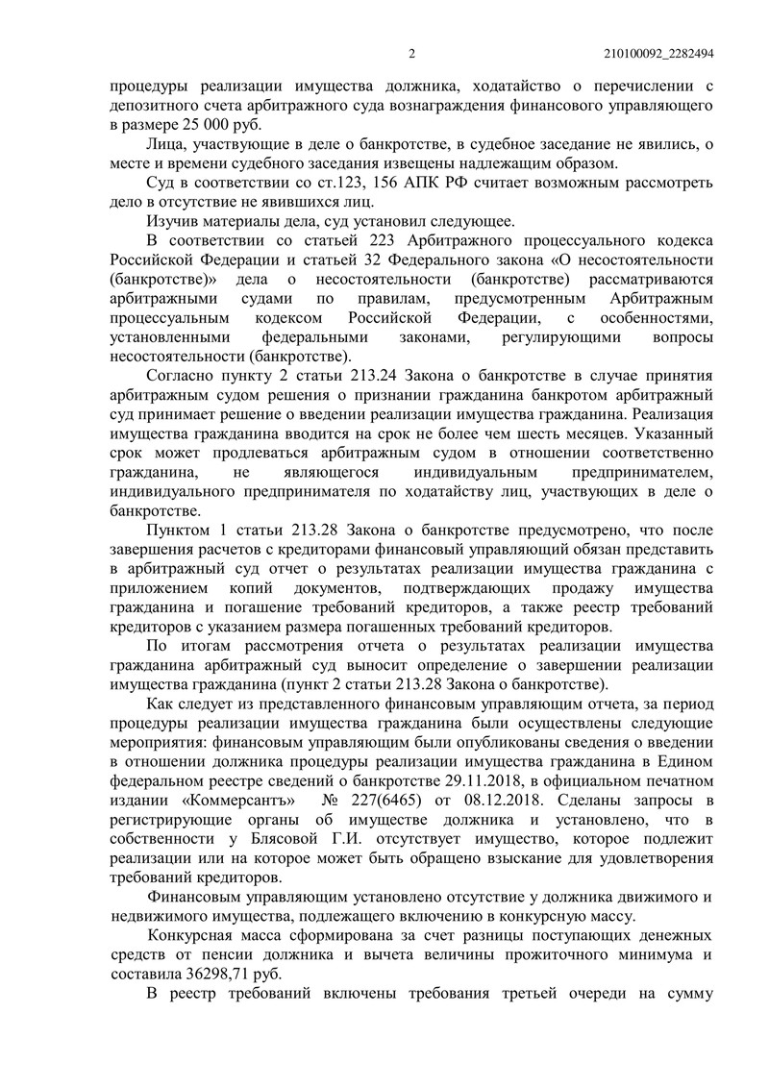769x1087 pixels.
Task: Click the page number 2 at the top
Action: pyautogui.click(x=410, y=54)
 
